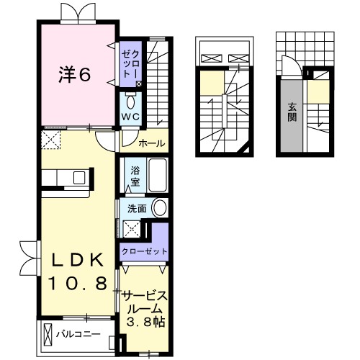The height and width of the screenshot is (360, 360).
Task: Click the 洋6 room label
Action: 74,74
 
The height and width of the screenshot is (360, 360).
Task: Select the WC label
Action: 130,116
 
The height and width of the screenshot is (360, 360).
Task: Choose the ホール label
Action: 151,143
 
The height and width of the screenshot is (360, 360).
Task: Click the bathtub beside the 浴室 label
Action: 156,174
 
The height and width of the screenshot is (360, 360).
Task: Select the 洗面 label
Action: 137,209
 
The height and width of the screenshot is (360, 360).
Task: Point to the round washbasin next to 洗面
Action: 160,209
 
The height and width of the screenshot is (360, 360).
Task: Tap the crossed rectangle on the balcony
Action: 48,335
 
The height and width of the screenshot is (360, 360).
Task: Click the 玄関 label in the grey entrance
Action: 292,112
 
